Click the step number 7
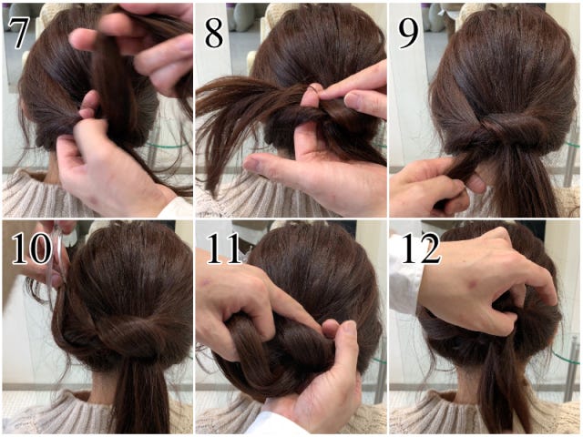tap(18, 33)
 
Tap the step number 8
tap(214, 33)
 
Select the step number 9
tap(408, 33)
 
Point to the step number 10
tap(32, 249)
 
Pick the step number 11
tap(225, 249)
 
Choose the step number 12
tap(421, 249)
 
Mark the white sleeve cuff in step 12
tap(405, 275)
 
